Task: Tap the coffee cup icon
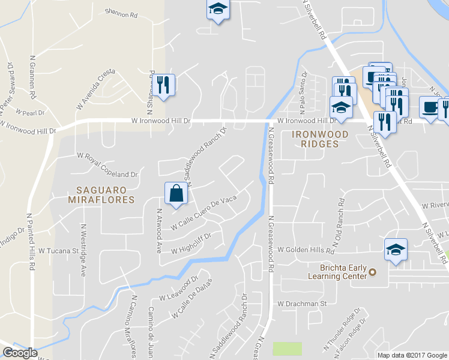point(429,107)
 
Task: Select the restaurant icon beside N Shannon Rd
point(163,85)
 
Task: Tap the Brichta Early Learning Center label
point(336,271)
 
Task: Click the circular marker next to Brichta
point(373,272)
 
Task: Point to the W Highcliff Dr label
point(191,243)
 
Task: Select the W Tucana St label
point(59,250)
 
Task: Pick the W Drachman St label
point(301,304)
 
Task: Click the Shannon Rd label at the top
point(121,11)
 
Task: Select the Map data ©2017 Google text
point(412,355)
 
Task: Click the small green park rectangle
point(288,349)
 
